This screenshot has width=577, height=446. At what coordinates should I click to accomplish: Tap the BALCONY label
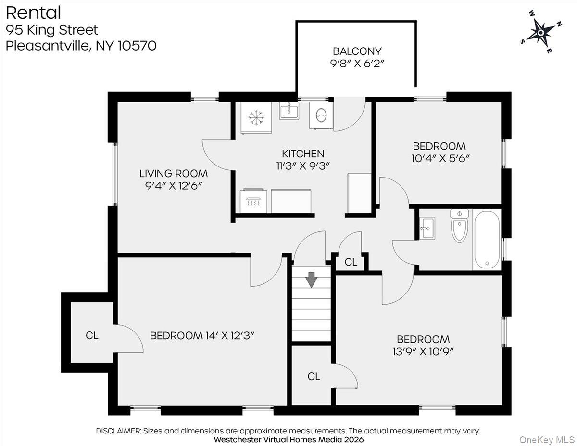coord(357,51)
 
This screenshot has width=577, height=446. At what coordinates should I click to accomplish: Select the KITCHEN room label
coord(303,154)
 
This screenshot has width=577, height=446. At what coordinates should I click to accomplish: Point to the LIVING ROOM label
coord(174,174)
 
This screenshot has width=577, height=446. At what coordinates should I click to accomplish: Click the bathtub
coord(487,240)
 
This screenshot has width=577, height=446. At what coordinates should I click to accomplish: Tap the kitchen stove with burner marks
coord(253,200)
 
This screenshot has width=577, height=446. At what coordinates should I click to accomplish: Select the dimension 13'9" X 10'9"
coord(423,351)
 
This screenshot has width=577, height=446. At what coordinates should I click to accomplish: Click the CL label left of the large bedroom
coord(92,335)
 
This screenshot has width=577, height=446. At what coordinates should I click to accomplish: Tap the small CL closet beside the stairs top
coord(351,262)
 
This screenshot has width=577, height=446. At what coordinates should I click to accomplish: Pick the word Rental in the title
coord(33,12)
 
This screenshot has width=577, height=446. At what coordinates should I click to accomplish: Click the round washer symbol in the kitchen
coord(320,115)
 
